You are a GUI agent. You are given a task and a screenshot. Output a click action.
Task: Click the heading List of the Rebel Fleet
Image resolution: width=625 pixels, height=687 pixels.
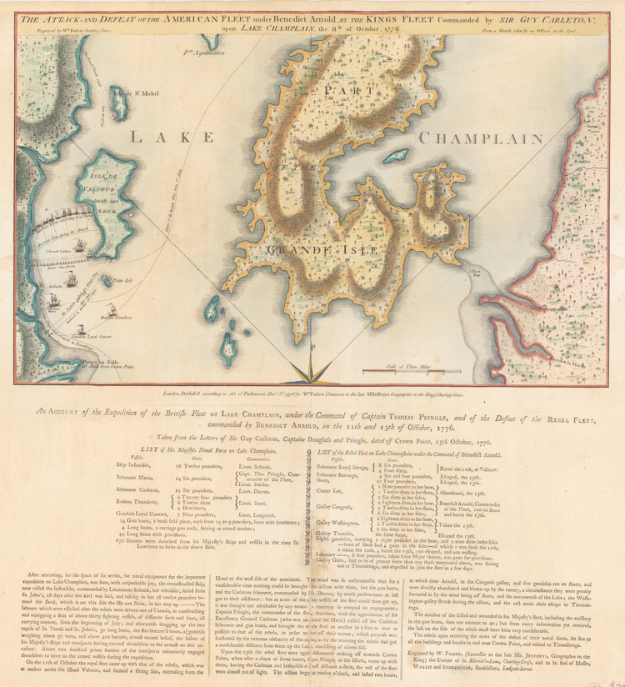(x=415, y=451)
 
